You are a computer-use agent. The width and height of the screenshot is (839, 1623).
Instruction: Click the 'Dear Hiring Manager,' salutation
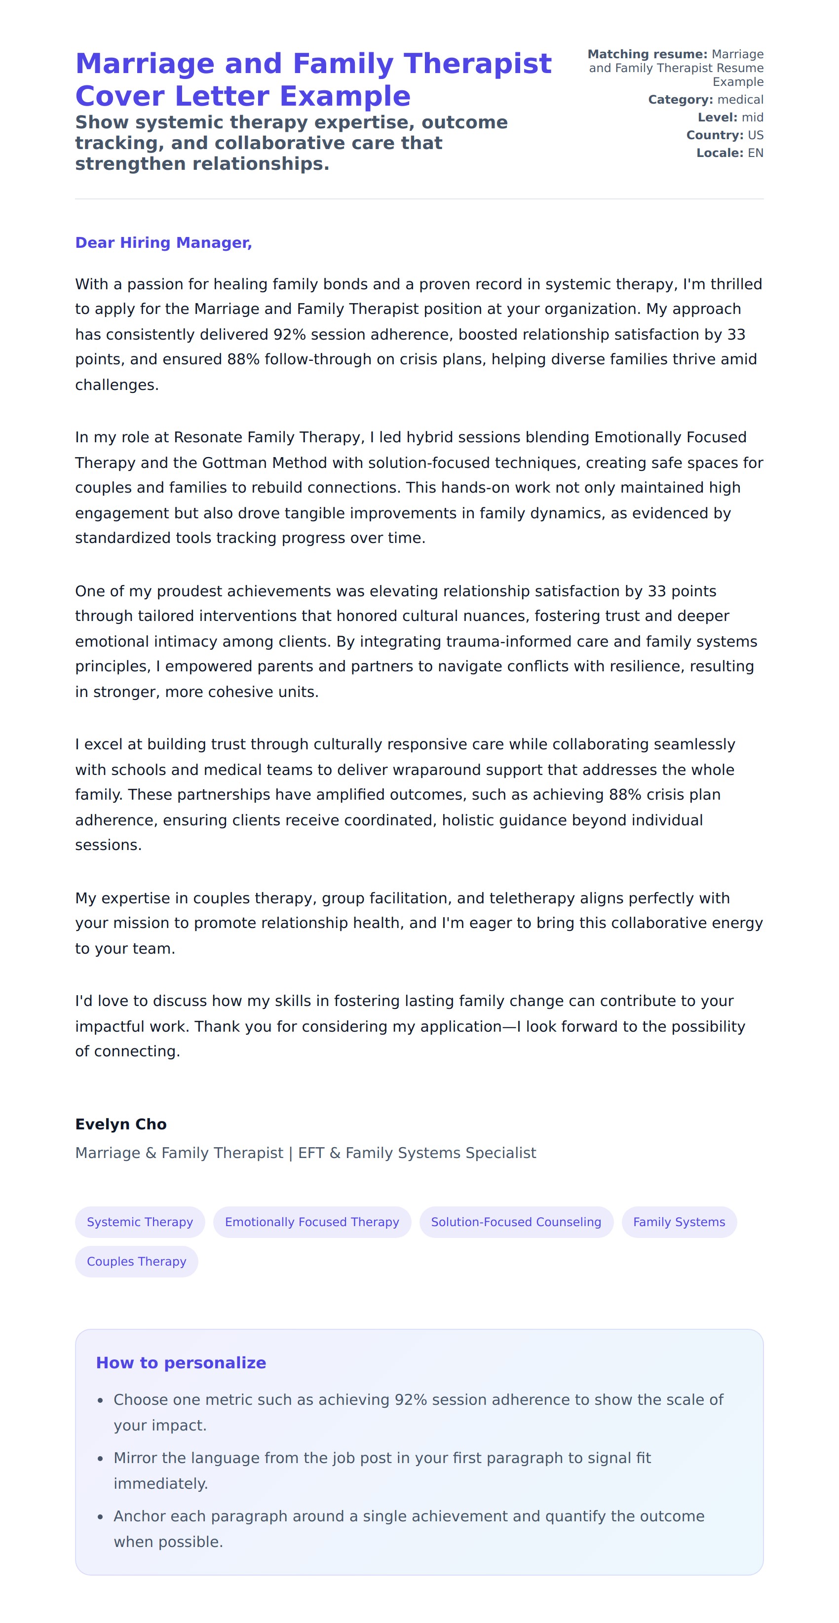tap(163, 242)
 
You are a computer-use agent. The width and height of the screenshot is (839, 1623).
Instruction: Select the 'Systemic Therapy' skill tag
tap(140, 1222)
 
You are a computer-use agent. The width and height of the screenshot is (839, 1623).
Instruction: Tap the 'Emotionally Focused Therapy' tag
tap(312, 1222)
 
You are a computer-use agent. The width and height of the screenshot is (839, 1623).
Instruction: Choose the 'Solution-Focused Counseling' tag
tap(516, 1222)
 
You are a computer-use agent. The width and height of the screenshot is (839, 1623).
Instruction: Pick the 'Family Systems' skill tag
tap(679, 1222)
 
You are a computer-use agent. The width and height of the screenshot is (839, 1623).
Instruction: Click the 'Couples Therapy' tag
tap(136, 1261)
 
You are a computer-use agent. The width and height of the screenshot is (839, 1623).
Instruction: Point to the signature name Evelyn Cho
tap(121, 1124)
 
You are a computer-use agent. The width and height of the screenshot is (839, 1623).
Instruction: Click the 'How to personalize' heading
tap(181, 1363)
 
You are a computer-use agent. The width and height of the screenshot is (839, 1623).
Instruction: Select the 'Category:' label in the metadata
tap(680, 100)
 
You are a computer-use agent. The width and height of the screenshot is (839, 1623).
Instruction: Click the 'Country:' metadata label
tap(714, 135)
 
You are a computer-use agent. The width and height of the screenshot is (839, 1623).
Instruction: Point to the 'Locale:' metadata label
tap(720, 153)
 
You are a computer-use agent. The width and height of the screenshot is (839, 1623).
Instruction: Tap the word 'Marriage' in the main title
tap(145, 64)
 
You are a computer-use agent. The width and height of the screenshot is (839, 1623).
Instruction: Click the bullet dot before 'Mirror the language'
tap(100, 1459)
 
